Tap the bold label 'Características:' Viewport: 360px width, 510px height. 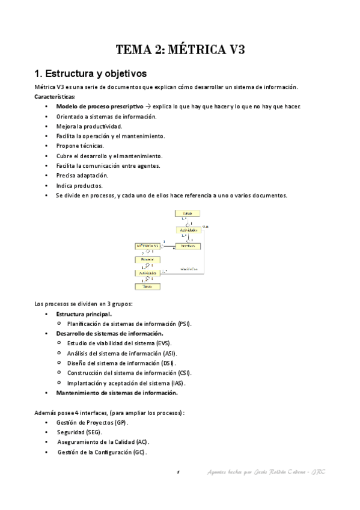pos(55,97)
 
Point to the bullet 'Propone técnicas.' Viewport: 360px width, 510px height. pos(79,146)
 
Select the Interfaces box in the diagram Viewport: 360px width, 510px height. pos(189,246)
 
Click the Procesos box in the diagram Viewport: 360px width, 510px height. pos(147,259)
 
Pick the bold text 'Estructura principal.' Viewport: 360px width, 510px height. pos(84,314)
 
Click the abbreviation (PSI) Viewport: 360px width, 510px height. pos(185,324)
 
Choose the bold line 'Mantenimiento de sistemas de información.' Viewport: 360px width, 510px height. pos(117,393)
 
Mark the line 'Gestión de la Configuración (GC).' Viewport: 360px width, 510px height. pos(102,452)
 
